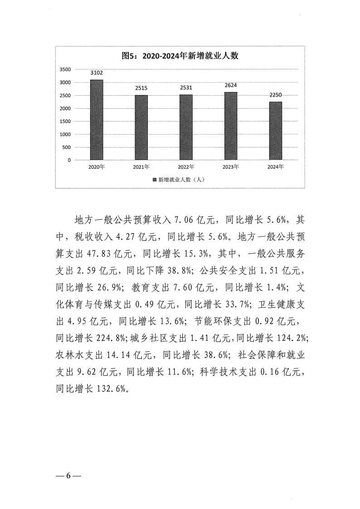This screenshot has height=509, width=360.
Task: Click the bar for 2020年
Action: pyautogui.click(x=97, y=120)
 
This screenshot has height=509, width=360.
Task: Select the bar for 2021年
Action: pyautogui.click(x=141, y=127)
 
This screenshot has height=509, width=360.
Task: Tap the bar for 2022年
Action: pyautogui.click(x=186, y=127)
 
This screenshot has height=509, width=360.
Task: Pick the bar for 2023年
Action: pyautogui.click(x=230, y=126)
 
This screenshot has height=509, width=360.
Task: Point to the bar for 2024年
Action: pyautogui.click(x=275, y=131)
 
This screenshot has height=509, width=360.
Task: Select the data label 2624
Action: pyautogui.click(x=230, y=86)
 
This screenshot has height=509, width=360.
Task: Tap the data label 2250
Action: pyautogui.click(x=275, y=95)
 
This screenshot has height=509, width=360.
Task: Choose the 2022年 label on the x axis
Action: pyautogui.click(x=186, y=167)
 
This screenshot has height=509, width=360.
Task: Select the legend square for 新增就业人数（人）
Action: pyautogui.click(x=154, y=179)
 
